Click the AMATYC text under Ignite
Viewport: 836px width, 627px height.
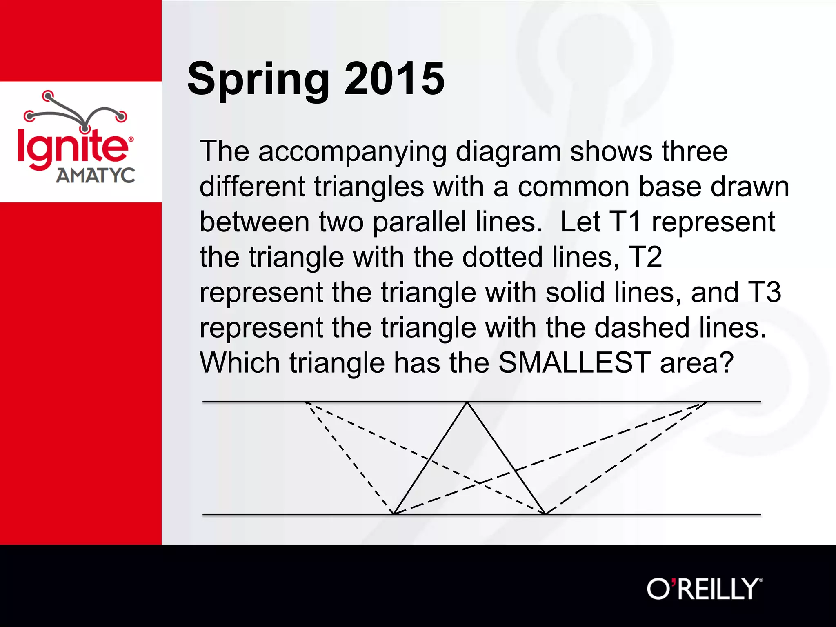(96, 176)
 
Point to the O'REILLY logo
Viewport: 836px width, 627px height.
(704, 589)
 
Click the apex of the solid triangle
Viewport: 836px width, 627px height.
(467, 402)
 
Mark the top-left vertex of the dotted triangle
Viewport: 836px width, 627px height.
(306, 402)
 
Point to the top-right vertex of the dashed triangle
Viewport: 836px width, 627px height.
(707, 402)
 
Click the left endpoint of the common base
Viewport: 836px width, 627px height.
(394, 514)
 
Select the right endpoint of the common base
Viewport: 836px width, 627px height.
(545, 514)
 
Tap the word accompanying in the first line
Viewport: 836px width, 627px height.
(352, 152)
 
